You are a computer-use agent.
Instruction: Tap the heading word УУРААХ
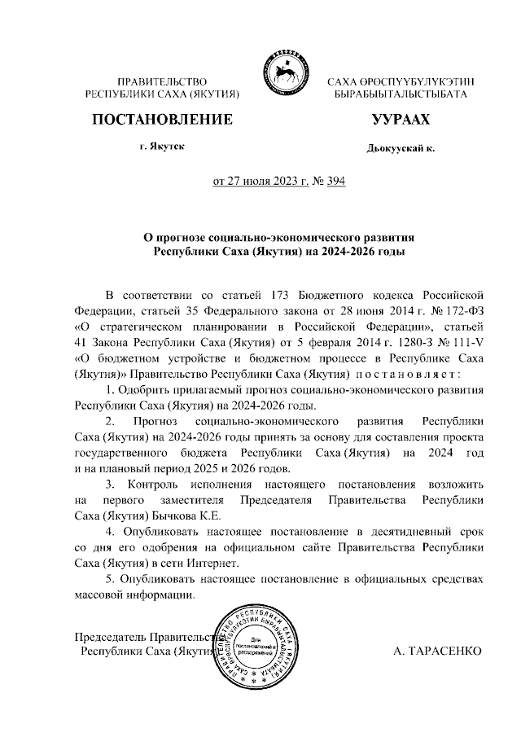click(x=400, y=120)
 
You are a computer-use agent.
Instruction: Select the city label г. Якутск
click(x=161, y=146)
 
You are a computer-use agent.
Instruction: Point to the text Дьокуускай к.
click(x=401, y=149)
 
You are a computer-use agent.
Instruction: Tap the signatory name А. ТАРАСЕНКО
click(x=436, y=651)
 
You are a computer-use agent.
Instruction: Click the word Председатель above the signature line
click(x=110, y=636)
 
